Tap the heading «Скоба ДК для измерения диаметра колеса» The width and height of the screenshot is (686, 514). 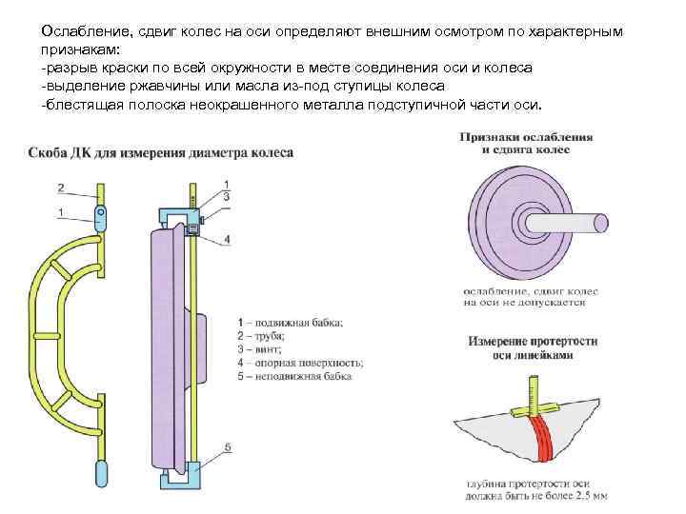click(160, 152)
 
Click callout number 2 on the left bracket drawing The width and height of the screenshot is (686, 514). click(61, 187)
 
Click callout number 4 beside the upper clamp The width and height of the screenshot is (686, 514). click(226, 238)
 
